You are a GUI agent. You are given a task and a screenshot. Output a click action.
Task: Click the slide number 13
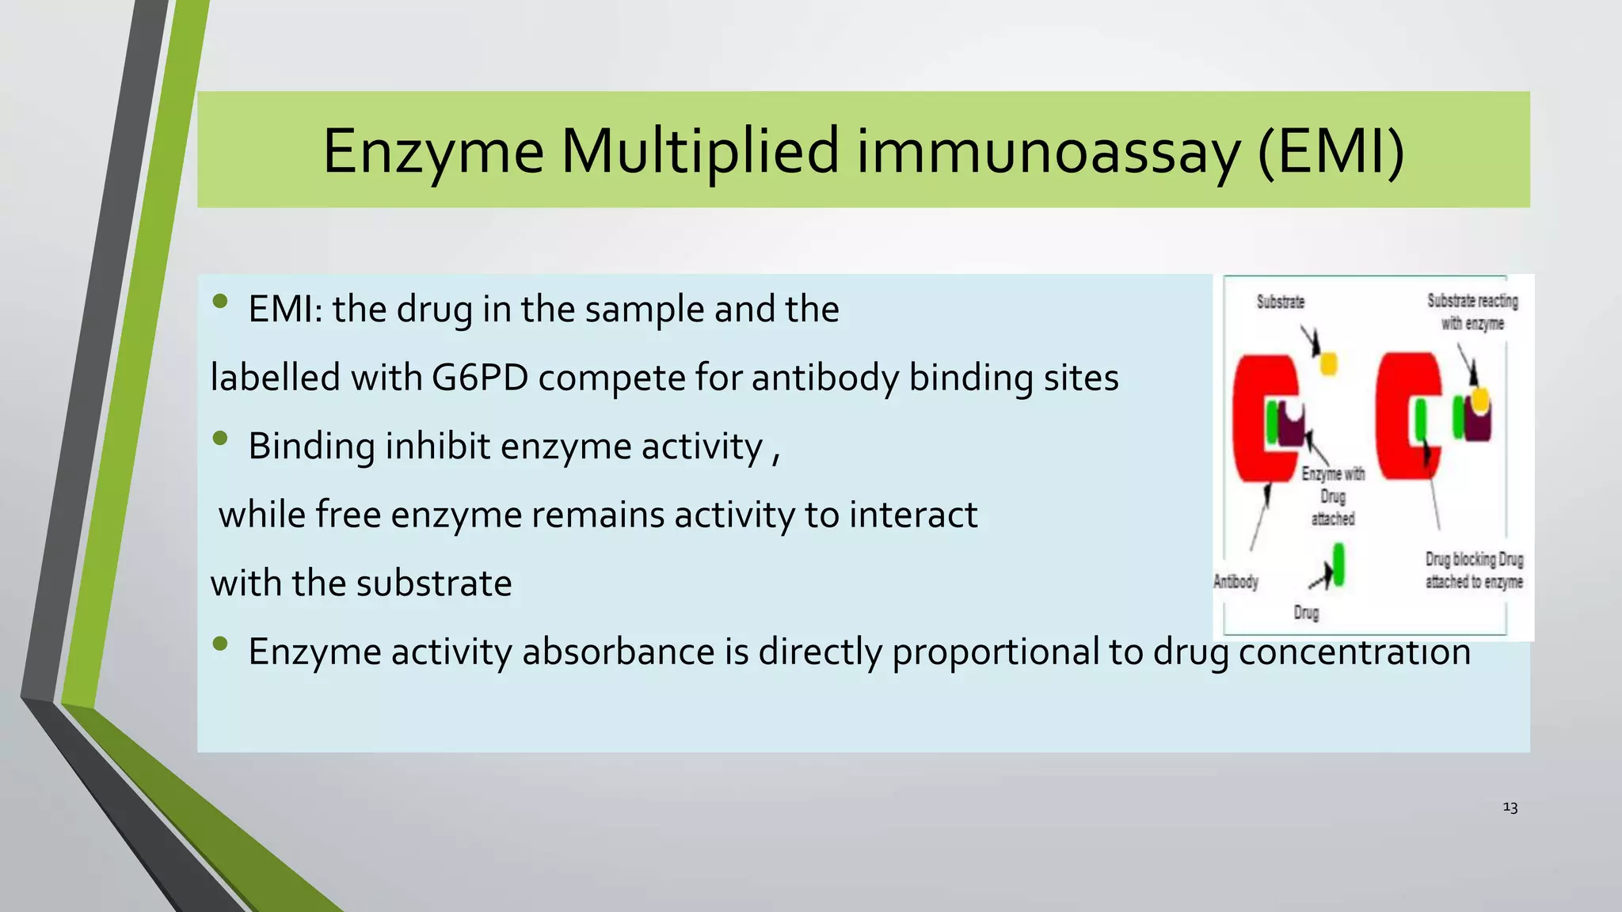[x=1510, y=807]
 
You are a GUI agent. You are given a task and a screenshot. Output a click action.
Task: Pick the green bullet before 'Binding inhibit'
[x=220, y=438]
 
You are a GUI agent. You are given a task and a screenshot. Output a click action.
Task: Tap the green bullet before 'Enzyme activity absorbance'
[x=220, y=644]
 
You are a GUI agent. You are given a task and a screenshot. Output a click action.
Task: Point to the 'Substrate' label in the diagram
[x=1280, y=302]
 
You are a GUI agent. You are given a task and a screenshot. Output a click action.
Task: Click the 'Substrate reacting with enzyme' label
[x=1472, y=312]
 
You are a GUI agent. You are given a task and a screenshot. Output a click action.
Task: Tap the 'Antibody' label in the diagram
[x=1236, y=582]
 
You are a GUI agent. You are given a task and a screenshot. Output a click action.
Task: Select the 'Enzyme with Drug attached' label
[x=1333, y=496]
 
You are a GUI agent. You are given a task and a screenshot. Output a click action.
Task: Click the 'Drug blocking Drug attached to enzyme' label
[x=1474, y=570]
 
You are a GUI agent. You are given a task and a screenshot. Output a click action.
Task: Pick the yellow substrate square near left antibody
[x=1328, y=363]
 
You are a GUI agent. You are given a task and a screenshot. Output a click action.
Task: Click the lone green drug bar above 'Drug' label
[x=1338, y=564]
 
